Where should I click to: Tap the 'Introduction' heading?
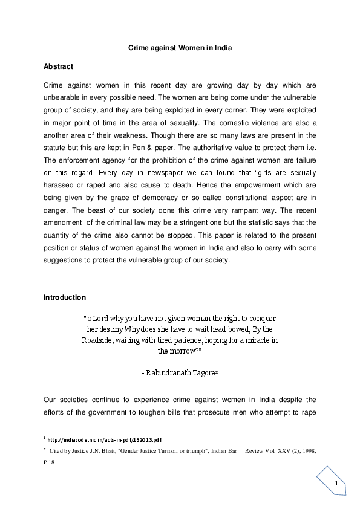65,297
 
